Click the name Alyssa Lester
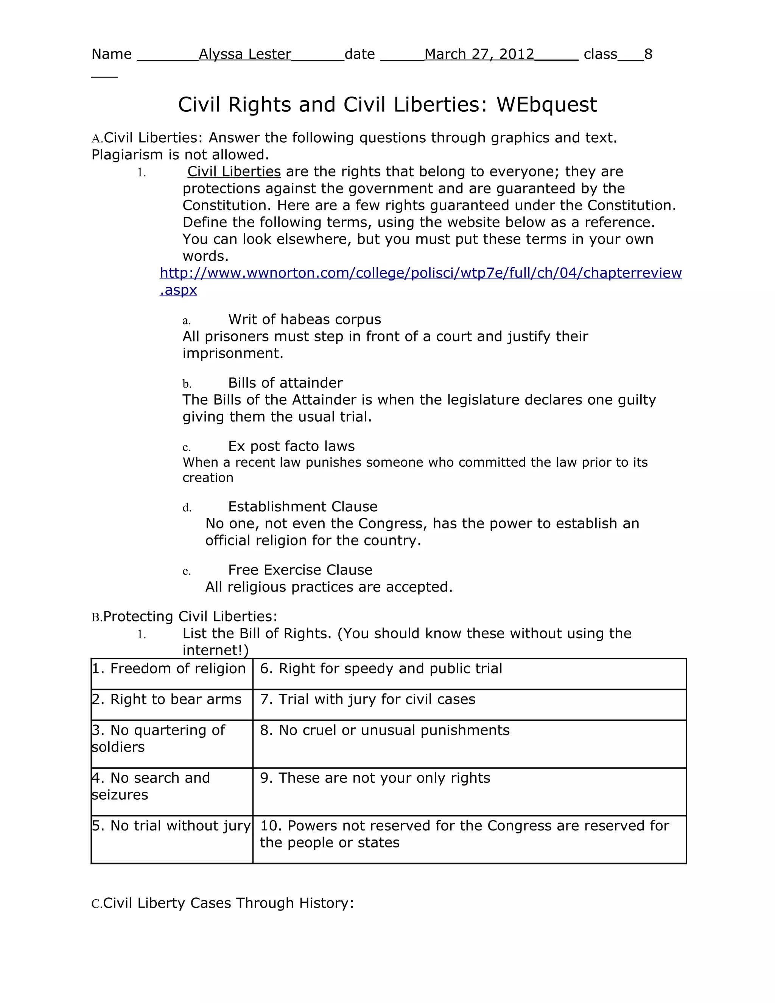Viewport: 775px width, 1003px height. (x=245, y=54)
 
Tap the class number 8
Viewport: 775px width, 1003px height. (x=648, y=54)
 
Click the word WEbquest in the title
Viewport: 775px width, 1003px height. (x=546, y=105)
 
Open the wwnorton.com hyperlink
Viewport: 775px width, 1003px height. (x=420, y=273)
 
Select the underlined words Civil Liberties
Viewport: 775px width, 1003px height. (x=234, y=172)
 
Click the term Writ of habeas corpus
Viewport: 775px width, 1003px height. (x=304, y=320)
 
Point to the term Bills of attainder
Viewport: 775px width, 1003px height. (x=285, y=383)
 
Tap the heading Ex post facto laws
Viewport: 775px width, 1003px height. (x=291, y=446)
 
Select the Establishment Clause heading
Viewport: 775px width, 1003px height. (x=303, y=506)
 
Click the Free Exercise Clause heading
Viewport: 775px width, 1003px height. (x=300, y=570)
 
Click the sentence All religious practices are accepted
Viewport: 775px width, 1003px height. (x=329, y=587)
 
